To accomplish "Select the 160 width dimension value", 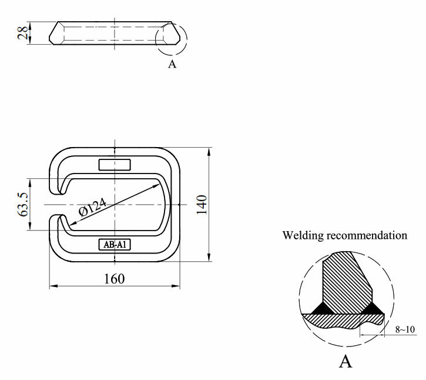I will (x=114, y=278).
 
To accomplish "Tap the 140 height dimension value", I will (x=201, y=205).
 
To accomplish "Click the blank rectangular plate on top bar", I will (x=115, y=164).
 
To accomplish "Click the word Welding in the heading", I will (x=305, y=235).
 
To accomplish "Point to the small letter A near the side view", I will (x=172, y=64).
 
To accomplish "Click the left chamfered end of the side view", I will (x=53, y=33).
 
